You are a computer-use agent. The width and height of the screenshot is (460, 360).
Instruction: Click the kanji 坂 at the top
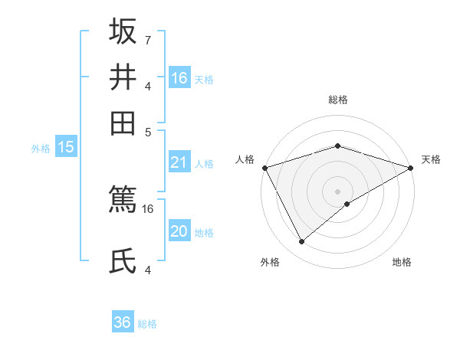click(x=123, y=32)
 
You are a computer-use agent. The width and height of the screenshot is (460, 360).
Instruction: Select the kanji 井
click(x=123, y=77)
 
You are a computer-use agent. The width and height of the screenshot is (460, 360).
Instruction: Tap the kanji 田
click(x=123, y=123)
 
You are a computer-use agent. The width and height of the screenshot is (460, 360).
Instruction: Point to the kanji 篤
click(x=123, y=201)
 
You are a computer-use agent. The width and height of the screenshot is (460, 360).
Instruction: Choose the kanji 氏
click(x=123, y=260)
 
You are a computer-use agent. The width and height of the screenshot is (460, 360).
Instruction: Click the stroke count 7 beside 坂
click(x=147, y=40)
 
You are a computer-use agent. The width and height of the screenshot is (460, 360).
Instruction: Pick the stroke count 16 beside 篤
click(x=148, y=208)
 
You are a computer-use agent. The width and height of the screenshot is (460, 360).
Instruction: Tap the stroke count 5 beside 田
click(x=149, y=131)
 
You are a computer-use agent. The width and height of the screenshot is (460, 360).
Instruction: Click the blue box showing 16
click(x=179, y=77)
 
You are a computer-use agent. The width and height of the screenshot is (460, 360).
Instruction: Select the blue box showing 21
click(x=179, y=162)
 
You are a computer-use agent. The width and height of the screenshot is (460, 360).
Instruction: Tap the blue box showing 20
click(x=179, y=231)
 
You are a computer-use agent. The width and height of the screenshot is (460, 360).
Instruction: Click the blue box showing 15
click(x=66, y=148)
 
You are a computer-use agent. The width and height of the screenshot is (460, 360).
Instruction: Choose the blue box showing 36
click(x=123, y=322)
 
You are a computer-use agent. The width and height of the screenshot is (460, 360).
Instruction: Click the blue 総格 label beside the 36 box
click(x=147, y=324)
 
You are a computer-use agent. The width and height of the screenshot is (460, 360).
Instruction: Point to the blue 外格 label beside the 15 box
click(x=41, y=149)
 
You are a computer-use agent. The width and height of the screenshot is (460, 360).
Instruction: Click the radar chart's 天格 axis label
click(x=431, y=159)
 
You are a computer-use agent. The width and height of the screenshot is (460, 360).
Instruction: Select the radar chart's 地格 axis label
click(x=402, y=262)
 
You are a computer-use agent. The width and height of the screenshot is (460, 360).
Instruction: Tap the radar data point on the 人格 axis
click(x=264, y=168)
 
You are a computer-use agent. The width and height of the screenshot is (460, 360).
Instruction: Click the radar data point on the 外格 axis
click(x=302, y=242)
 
